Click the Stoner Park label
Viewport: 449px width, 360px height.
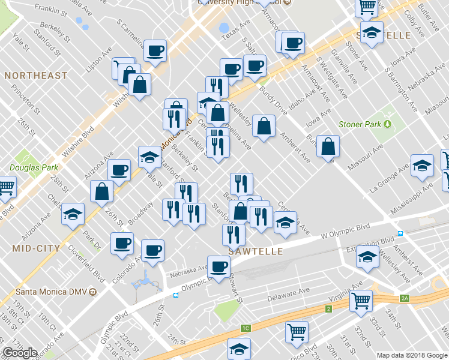coord(360,124)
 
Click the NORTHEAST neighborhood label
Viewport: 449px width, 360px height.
coord(35,76)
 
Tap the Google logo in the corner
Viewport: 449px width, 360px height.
coord(20,353)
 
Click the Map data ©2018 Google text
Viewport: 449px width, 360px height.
coord(412,355)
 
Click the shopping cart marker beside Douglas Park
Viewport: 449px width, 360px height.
coord(7,187)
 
